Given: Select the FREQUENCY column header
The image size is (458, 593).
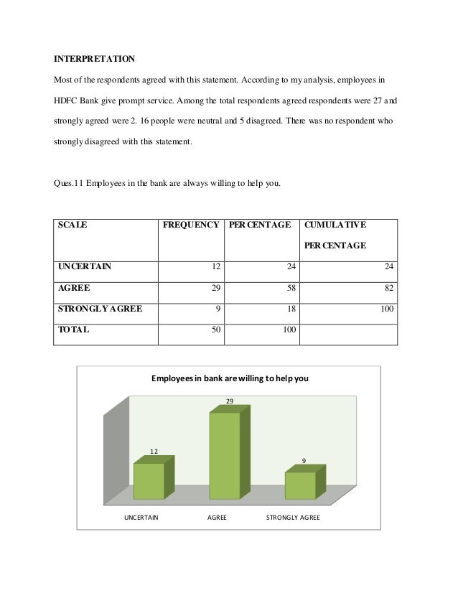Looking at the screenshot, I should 191,225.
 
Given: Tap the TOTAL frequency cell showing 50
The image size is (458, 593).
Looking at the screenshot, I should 214,331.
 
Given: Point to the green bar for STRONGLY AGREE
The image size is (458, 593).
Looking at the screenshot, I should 300,485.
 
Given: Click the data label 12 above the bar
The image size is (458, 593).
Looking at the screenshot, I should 154,451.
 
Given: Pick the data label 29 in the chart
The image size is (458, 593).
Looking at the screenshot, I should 230,401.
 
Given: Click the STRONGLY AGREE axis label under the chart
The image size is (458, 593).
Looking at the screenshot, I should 293,517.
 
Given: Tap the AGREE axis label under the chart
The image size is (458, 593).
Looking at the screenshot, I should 217,517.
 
